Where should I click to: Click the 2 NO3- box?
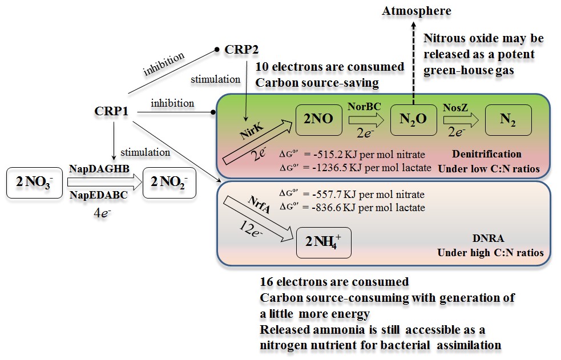click(x=33, y=183)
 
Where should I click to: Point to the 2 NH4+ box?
click(x=324, y=242)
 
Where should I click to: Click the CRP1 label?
click(x=110, y=109)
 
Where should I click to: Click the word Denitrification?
click(x=486, y=154)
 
